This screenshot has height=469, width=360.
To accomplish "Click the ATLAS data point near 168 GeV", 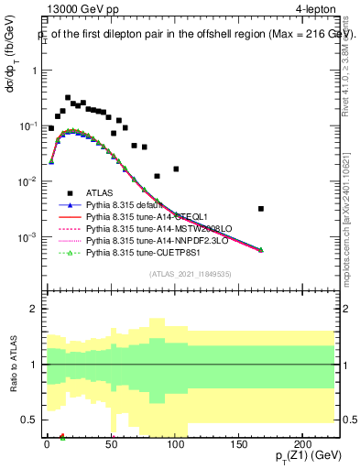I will [x=261, y=209].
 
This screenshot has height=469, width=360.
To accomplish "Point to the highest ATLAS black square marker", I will [x=68, y=97].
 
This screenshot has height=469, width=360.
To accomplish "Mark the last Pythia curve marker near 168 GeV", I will [x=261, y=250].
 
